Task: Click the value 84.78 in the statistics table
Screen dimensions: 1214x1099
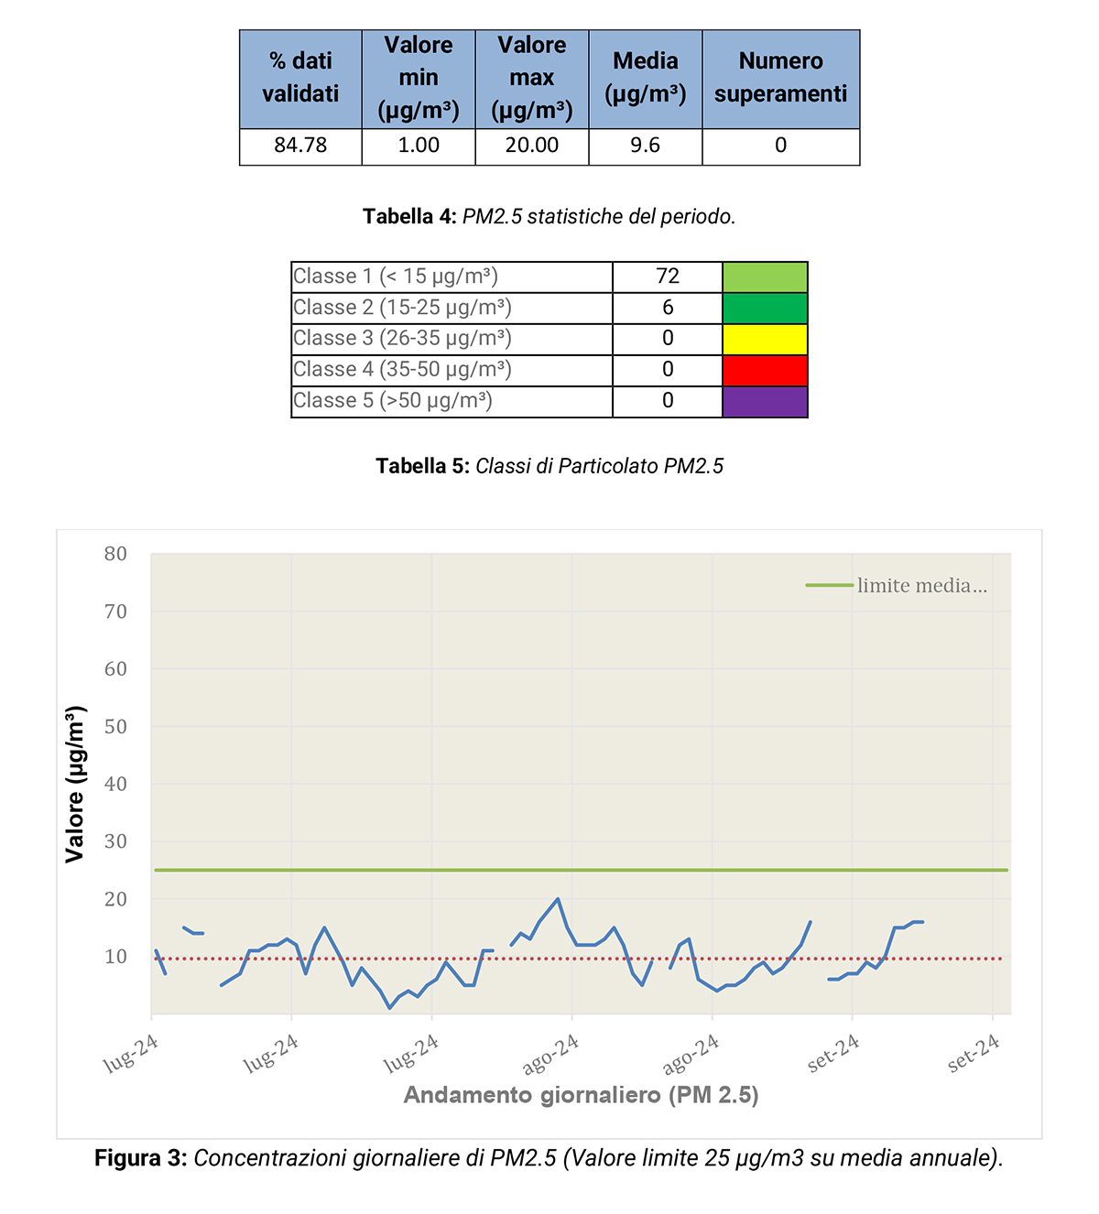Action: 300,146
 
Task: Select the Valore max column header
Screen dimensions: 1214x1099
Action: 531,78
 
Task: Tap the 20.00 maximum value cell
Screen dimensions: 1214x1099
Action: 531,146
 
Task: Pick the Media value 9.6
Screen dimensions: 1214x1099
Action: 645,146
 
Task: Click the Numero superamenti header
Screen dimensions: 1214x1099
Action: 780,78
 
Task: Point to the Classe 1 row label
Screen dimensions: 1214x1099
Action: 396,276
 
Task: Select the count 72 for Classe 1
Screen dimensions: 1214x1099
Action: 668,276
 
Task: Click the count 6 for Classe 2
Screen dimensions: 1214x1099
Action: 668,308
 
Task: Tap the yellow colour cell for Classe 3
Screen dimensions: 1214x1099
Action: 765,339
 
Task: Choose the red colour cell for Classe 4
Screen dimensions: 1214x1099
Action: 765,370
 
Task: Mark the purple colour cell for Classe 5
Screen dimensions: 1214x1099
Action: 765,401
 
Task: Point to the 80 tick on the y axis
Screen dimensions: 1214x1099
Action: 115,554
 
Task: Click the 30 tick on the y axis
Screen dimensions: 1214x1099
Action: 115,841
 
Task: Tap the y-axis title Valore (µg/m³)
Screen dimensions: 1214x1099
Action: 75,784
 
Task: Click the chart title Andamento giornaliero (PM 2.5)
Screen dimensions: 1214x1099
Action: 581,1095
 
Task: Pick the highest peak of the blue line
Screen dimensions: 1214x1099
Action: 558,899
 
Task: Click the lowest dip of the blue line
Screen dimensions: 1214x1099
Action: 389,1008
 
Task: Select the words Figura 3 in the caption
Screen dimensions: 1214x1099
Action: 140,1158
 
